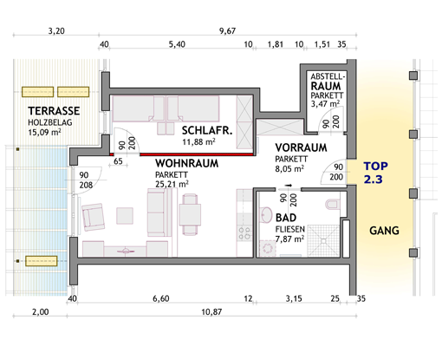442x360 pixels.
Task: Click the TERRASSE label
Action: tap(54, 111)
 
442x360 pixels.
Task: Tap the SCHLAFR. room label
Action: tap(207, 131)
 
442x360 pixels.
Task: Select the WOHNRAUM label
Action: tap(186, 163)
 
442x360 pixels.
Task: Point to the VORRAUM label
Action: tap(301, 147)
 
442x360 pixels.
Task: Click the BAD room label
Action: tap(286, 218)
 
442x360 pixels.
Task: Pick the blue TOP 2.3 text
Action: tap(375, 173)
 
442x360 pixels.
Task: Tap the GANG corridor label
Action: tap(384, 231)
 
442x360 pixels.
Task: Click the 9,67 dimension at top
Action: tap(228, 30)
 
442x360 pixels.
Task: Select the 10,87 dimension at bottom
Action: tap(211, 312)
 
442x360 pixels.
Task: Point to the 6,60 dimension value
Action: tap(161, 298)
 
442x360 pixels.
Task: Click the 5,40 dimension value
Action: tap(177, 44)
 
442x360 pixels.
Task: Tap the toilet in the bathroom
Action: tap(331, 205)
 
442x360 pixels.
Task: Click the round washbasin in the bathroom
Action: tap(266, 215)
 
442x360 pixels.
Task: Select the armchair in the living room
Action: tap(94, 217)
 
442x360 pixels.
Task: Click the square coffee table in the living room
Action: tap(125, 216)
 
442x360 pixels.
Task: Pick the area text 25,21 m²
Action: tap(172, 184)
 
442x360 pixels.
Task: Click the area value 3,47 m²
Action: tap(325, 103)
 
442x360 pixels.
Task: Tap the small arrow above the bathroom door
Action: tap(289, 186)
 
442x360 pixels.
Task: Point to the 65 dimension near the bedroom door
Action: tap(118, 161)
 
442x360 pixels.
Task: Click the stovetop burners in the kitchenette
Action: tap(244, 233)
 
